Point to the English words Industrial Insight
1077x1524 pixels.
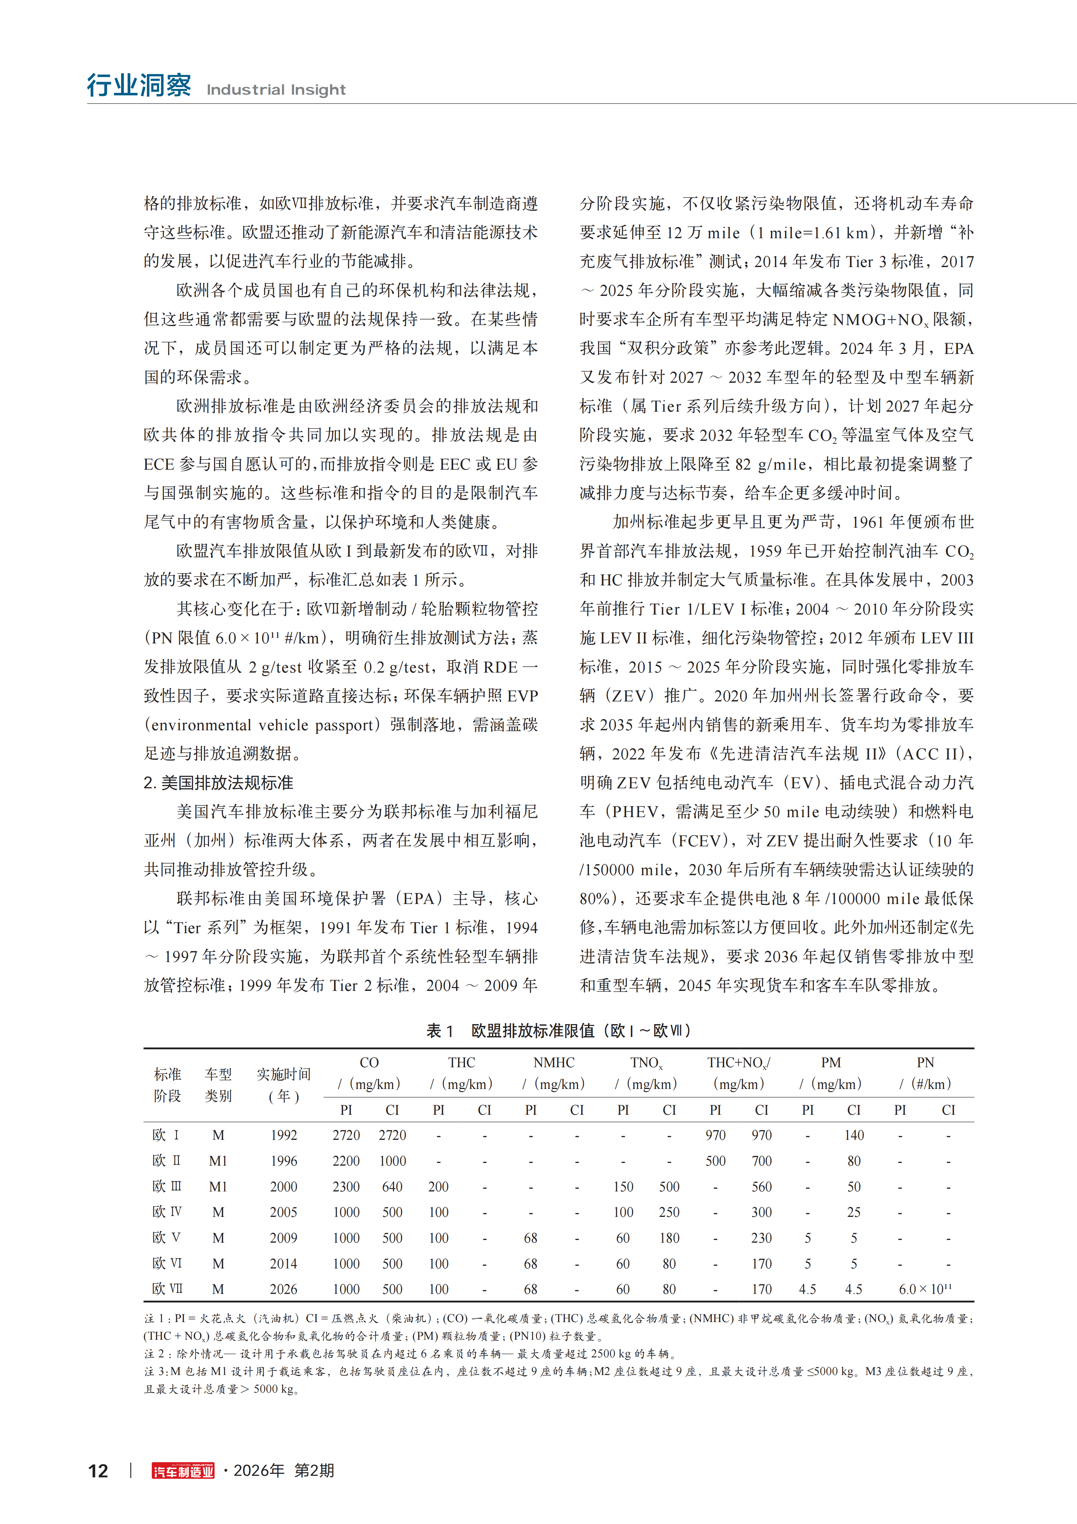[276, 90]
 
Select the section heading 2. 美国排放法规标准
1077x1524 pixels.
[218, 783]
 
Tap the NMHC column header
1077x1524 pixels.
[554, 1063]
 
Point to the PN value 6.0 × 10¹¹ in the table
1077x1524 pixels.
[925, 1289]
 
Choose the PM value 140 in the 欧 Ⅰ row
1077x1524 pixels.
[854, 1135]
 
